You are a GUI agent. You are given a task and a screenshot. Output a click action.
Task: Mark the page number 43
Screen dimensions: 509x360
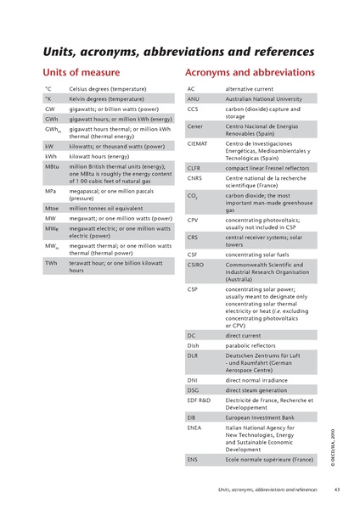pos(336,489)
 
